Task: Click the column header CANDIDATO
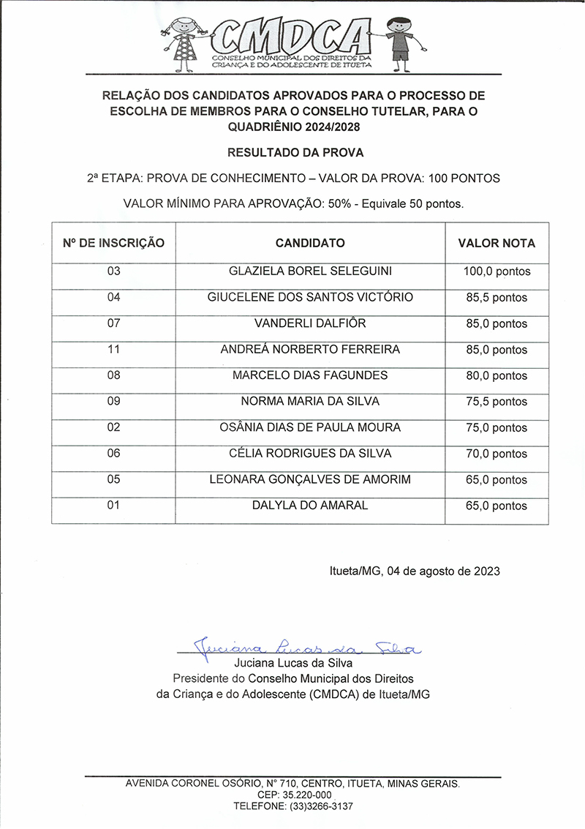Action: pyautogui.click(x=310, y=243)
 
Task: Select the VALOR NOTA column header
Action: pyautogui.click(x=497, y=243)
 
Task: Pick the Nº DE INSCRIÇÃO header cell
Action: pyautogui.click(x=113, y=243)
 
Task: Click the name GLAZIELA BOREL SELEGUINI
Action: pyautogui.click(x=310, y=271)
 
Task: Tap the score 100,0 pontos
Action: pyautogui.click(x=497, y=271)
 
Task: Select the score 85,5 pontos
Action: pyautogui.click(x=497, y=298)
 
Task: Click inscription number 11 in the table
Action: pyautogui.click(x=113, y=349)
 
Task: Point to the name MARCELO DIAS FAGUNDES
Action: pyautogui.click(x=310, y=375)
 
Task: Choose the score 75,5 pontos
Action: pyautogui.click(x=497, y=402)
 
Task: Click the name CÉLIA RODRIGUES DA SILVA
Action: pyautogui.click(x=310, y=454)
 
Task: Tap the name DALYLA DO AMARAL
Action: pyautogui.click(x=310, y=506)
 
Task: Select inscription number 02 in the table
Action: pyautogui.click(x=113, y=427)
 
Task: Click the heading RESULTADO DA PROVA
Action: pyautogui.click(x=295, y=153)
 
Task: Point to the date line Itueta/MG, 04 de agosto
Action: pyautogui.click(x=414, y=571)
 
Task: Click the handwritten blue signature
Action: pyautogui.click(x=307, y=647)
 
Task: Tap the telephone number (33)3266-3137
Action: pyautogui.click(x=293, y=806)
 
